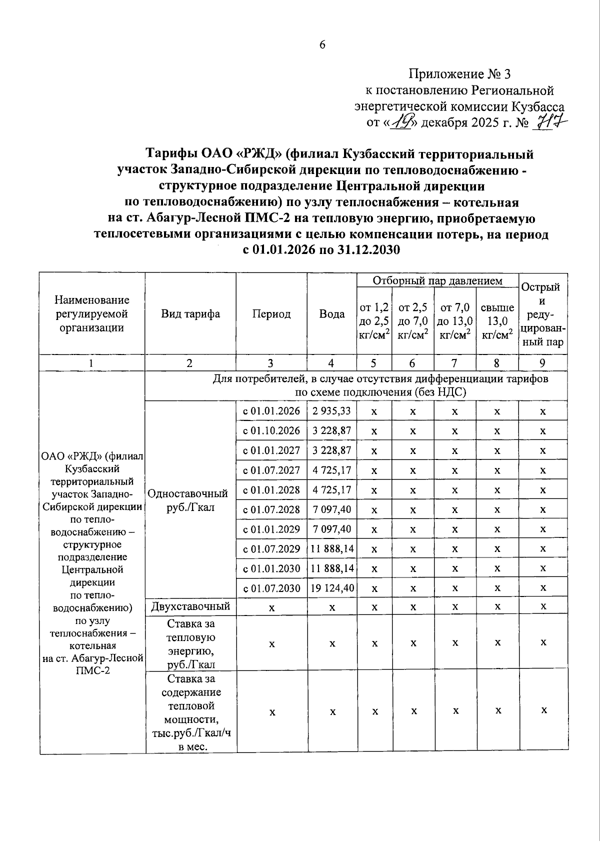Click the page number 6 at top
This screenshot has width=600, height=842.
(322, 44)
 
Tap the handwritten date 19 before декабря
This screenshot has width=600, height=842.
(400, 121)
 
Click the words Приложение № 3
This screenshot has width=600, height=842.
(459, 74)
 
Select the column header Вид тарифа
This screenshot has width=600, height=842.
(190, 314)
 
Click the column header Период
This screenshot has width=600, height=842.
(271, 314)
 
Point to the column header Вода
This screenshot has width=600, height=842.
(332, 314)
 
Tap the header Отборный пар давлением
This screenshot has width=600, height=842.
(437, 281)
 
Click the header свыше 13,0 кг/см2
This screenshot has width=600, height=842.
(497, 321)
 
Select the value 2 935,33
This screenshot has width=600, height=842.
(332, 411)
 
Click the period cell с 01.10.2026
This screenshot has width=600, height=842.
(271, 430)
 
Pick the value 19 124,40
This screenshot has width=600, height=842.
(332, 588)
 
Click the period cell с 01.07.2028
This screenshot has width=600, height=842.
(271, 509)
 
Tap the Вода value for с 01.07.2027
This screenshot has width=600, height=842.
(332, 470)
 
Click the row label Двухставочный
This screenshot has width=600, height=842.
(190, 606)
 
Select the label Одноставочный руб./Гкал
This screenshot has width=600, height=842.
(188, 500)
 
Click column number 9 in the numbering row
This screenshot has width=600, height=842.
(542, 363)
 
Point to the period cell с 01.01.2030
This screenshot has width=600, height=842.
(271, 568)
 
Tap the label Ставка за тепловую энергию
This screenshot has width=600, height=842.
(191, 643)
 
